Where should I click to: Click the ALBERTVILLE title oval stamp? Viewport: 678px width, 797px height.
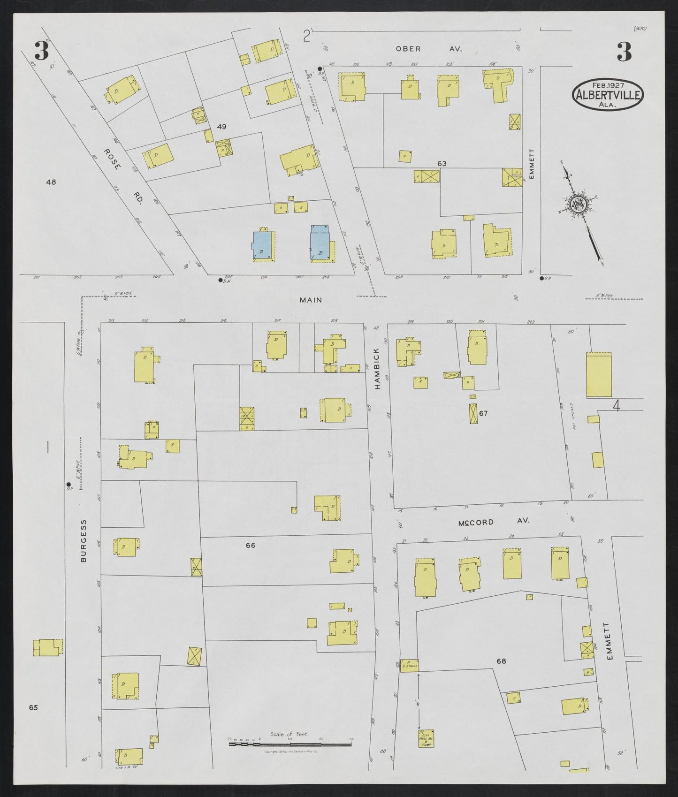(608, 94)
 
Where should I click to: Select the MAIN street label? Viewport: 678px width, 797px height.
(311, 300)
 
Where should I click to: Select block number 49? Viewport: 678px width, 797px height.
(221, 126)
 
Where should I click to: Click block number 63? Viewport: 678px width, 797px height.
(442, 164)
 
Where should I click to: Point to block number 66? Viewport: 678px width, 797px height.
(251, 545)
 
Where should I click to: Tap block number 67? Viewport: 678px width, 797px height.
(484, 413)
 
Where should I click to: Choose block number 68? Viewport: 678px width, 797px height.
(501, 661)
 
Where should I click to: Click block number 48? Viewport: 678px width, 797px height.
(51, 182)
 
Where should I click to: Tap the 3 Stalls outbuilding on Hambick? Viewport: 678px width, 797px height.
(409, 665)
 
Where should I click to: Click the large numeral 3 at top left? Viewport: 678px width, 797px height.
(41, 51)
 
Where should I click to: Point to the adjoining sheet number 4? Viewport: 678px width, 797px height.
(617, 406)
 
